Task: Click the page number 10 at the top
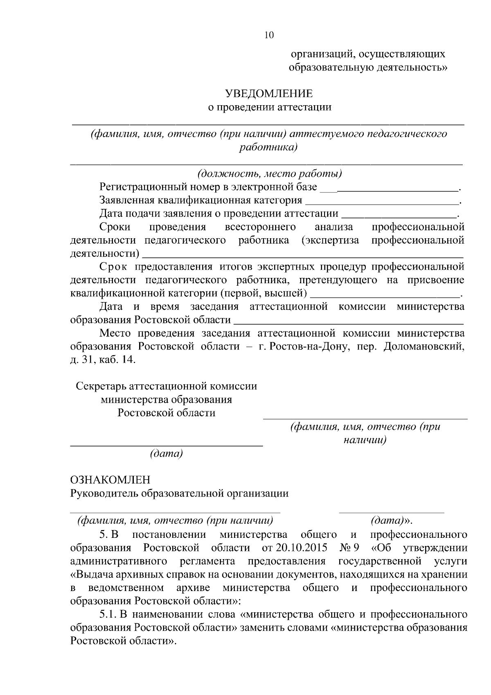(269, 35)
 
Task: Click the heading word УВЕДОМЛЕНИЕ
(269, 94)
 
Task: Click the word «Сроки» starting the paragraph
(115, 227)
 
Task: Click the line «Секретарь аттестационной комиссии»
(167, 386)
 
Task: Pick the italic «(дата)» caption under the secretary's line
(166, 454)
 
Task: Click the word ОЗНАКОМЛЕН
(110, 480)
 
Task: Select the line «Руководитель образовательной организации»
(179, 493)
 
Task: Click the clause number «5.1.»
(108, 615)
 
